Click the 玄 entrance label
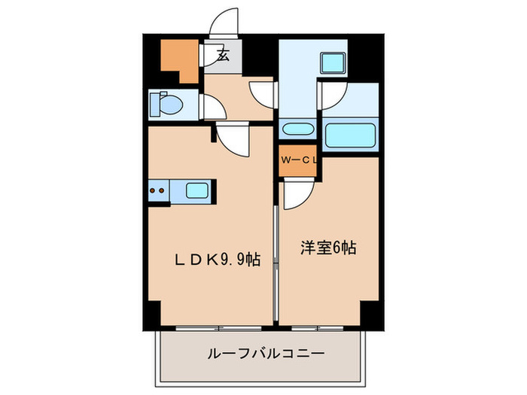223,55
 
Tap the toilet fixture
164,105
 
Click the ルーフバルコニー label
264,353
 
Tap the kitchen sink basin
197,191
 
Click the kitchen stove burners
159,191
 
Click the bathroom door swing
333,94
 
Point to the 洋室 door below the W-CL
296,193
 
